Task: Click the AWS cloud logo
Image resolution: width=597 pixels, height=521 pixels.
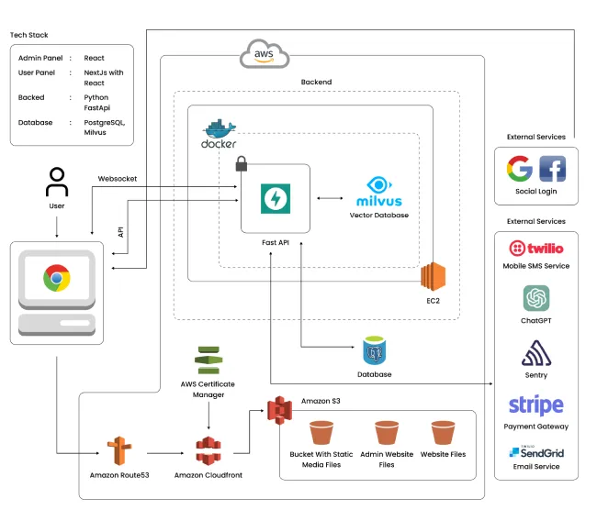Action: pyautogui.click(x=265, y=55)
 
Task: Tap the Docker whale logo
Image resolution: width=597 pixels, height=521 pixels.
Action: pyautogui.click(x=220, y=134)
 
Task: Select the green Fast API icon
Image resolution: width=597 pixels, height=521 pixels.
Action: pyautogui.click(x=275, y=197)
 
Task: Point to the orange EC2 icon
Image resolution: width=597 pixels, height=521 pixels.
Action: pyautogui.click(x=433, y=276)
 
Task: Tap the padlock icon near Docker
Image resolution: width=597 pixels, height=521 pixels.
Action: pyautogui.click(x=242, y=164)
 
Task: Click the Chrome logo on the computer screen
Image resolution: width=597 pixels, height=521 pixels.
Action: pyautogui.click(x=57, y=277)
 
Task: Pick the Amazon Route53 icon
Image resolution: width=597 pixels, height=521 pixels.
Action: pyautogui.click(x=116, y=451)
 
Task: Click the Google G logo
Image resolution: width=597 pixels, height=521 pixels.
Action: pyautogui.click(x=520, y=169)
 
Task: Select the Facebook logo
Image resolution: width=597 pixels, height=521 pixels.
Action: pyautogui.click(x=552, y=169)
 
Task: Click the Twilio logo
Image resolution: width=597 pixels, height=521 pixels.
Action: pyautogui.click(x=535, y=248)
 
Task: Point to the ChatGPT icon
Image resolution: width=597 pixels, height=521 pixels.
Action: pyautogui.click(x=536, y=298)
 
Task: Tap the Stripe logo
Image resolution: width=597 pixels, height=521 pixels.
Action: pyautogui.click(x=535, y=405)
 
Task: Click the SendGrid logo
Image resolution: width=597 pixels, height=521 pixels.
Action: pyautogui.click(x=535, y=452)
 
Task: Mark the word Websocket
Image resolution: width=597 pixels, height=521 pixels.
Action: pyautogui.click(x=117, y=179)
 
